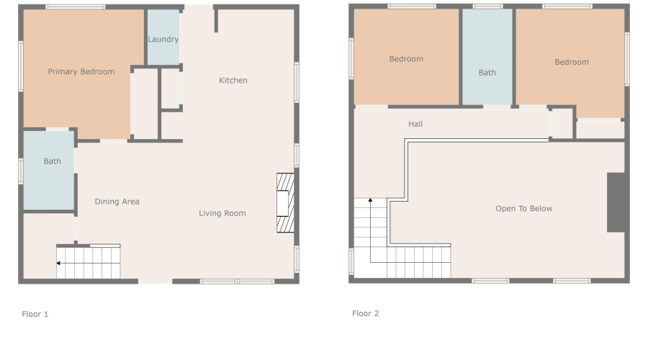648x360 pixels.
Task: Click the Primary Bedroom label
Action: point(81,72)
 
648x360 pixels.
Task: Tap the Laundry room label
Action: point(163,40)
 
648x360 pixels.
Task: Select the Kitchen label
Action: point(233,81)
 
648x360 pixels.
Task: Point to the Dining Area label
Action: point(117,202)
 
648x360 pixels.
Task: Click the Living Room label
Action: point(222,213)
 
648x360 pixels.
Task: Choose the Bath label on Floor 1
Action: point(52,161)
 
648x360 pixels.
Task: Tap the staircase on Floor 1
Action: point(89,263)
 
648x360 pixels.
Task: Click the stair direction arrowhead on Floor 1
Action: point(58,264)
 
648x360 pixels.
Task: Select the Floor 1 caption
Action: point(35,314)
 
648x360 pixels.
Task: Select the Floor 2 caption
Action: point(365,313)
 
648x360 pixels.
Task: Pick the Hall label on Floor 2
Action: point(415,125)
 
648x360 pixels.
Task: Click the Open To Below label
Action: point(523,209)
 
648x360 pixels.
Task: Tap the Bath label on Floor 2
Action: point(487,73)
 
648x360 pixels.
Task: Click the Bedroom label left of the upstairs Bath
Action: point(406,59)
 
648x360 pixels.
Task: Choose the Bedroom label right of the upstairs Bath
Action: point(571,63)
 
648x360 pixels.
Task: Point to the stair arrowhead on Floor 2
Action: point(371,200)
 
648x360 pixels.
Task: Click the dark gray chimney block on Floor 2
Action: point(616,202)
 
